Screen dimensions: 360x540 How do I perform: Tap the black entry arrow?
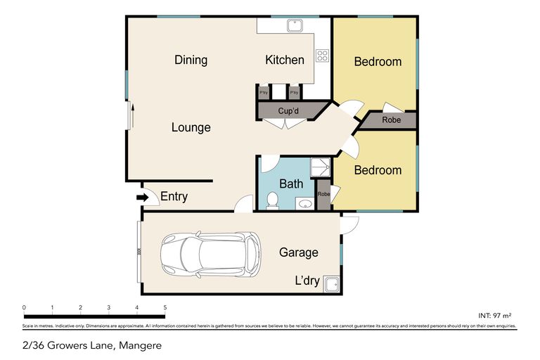pos(142,198)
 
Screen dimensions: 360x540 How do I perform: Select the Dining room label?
pos(191,60)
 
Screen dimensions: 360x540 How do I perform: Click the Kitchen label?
pos(284,60)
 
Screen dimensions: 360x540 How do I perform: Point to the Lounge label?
pos(191,127)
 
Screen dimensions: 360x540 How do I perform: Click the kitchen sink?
pos(294,26)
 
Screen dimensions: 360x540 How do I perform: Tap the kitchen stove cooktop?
pos(322,56)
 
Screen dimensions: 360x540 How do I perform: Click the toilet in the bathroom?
pos(272,202)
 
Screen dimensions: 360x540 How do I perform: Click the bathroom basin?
pos(305,204)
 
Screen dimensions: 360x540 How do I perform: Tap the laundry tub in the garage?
pos(330,283)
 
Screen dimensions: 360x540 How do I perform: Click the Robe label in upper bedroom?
pos(392,120)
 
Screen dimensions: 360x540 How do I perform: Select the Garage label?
pos(298,252)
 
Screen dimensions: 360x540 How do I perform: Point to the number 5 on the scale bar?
pos(165,308)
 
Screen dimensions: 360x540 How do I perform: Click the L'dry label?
pos(307,281)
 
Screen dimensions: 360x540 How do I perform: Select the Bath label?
pos(290,184)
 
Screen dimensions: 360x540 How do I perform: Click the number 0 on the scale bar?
pos(24,308)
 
